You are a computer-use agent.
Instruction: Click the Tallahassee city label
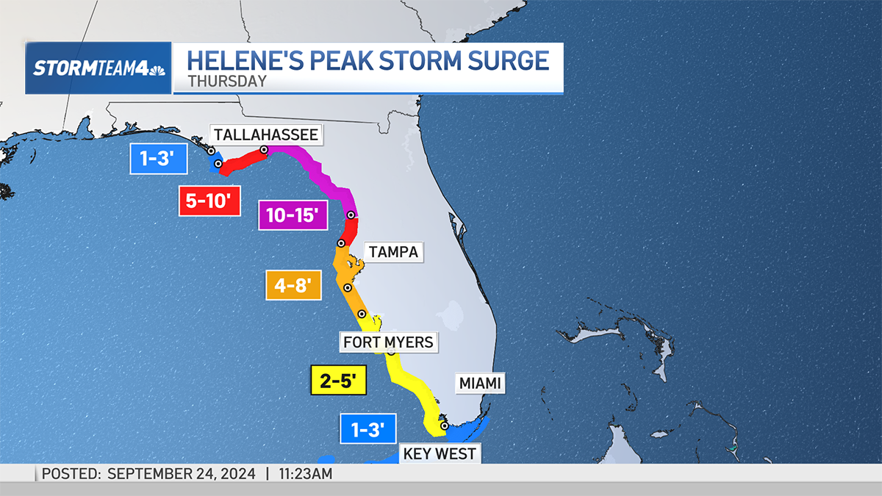265,134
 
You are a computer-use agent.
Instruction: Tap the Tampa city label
393,252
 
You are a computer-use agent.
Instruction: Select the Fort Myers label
388,342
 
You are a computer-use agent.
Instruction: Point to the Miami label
482,383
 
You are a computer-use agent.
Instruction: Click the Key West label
440,453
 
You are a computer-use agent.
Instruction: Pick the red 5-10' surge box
210,201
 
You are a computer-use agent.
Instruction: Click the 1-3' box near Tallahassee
158,158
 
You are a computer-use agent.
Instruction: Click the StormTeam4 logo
98,68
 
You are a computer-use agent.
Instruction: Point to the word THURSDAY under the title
226,82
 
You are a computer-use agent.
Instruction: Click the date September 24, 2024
182,474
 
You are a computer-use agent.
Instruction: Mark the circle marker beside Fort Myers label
391,352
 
